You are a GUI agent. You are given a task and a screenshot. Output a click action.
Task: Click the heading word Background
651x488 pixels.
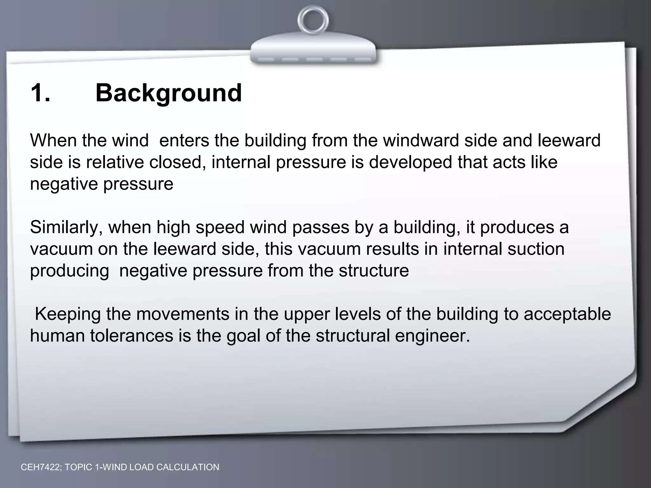click(168, 93)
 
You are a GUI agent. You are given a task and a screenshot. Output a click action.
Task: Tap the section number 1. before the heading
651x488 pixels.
click(40, 93)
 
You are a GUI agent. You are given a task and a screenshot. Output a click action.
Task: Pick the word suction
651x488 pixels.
click(536, 249)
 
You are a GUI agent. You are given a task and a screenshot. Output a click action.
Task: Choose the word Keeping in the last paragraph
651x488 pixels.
click(68, 314)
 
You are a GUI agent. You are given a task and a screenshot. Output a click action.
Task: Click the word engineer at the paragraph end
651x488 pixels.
click(432, 336)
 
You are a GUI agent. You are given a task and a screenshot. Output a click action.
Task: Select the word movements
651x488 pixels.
click(183, 314)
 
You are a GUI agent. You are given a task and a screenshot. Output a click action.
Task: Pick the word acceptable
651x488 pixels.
click(567, 315)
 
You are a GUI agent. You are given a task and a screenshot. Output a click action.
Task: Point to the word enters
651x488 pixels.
click(184, 140)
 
